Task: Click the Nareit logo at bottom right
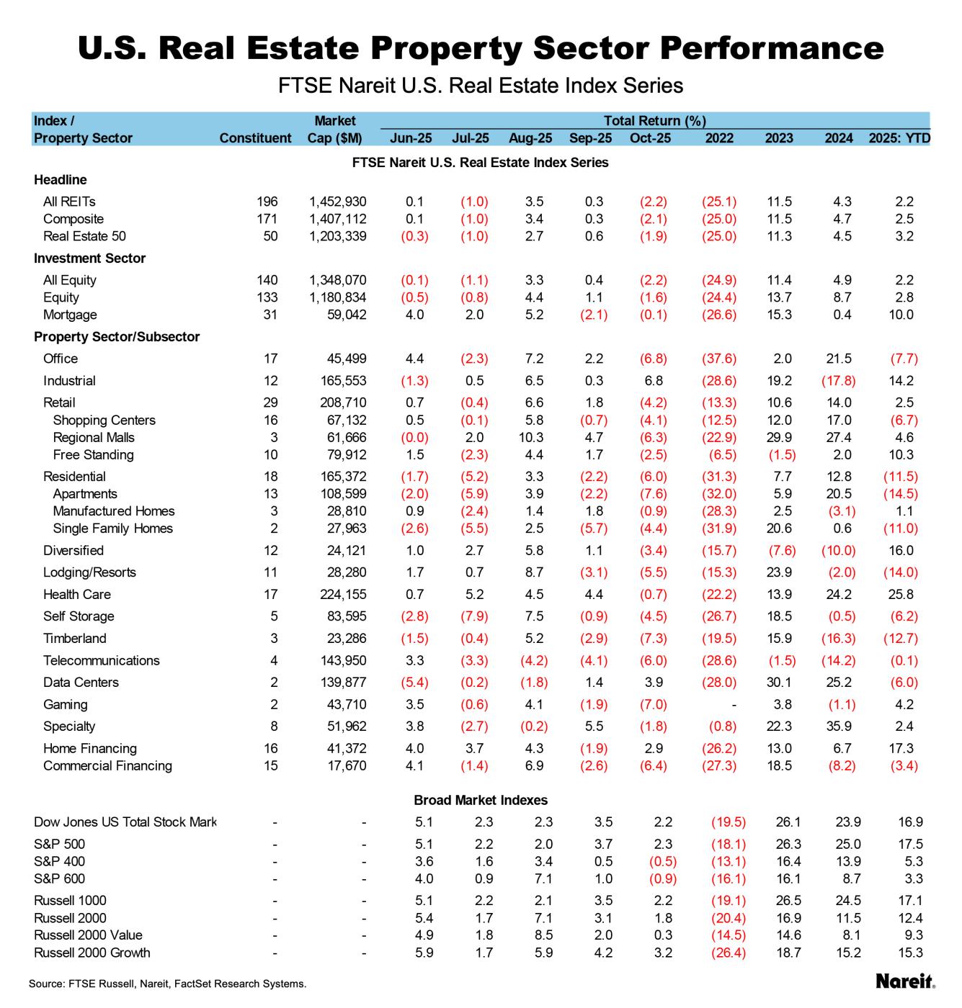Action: coord(905,981)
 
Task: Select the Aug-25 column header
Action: coord(530,138)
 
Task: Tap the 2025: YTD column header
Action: coord(899,138)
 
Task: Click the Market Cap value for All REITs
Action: coord(337,202)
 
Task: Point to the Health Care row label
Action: coord(76,595)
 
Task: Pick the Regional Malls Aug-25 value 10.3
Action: coord(534,438)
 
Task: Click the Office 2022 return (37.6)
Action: coord(718,359)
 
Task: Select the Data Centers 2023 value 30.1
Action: coord(779,683)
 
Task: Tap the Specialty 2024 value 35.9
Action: coord(839,726)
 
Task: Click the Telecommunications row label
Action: coord(101,661)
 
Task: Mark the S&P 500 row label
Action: coord(59,845)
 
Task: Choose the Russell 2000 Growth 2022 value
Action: coord(728,953)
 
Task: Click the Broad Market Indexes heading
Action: coord(480,801)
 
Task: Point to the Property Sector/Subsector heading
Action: coord(117,337)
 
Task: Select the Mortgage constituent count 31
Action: coord(270,315)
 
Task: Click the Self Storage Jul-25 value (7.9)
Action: coord(473,617)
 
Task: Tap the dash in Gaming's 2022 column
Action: coord(731,705)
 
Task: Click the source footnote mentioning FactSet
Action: coord(167,984)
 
